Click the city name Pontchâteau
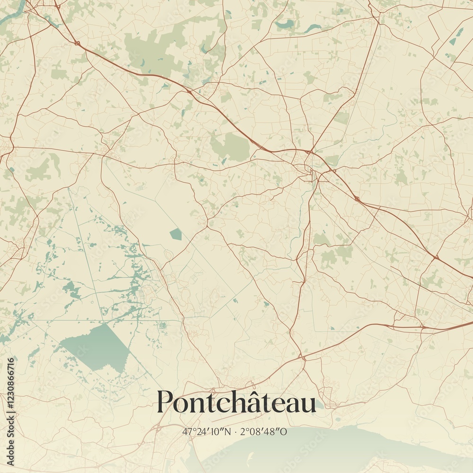pos(236,402)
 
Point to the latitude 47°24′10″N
pos(207,431)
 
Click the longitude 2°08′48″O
pos(264,431)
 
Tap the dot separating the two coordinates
pos(236,432)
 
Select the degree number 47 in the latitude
pos(186,431)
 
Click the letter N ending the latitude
pos(228,431)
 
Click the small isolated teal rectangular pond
pos(176,233)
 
